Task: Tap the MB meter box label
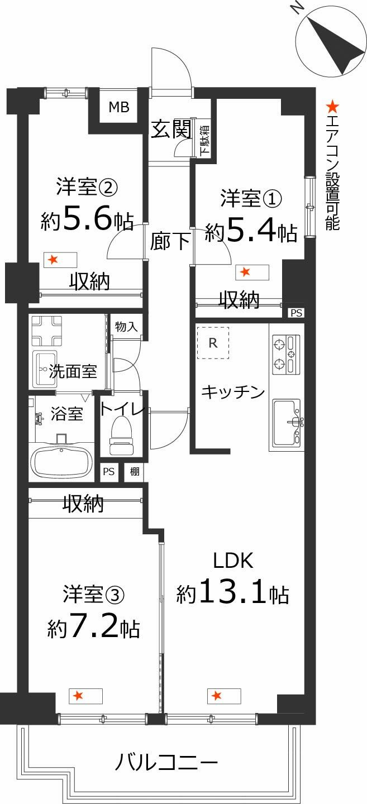118,107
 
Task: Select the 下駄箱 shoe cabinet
204,140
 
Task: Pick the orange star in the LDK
216,696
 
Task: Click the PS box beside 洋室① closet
295,313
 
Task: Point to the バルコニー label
166,762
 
